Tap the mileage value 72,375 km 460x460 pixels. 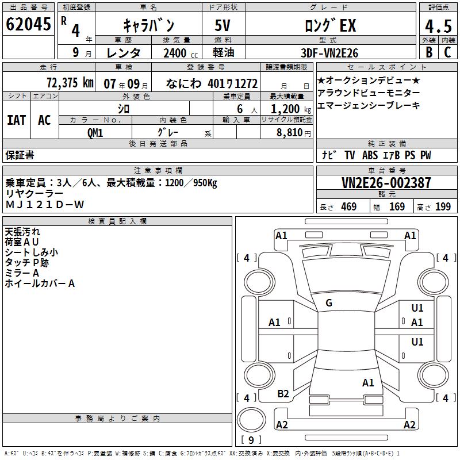pos(69,83)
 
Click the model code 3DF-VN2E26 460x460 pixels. pos(329,53)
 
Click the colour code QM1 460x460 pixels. pos(95,132)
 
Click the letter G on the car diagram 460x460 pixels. pos(329,303)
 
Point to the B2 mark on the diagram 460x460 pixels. pos(283,393)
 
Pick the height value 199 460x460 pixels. pos(443,207)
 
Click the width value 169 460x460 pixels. pos(397,207)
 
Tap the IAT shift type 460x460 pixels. pos(17,120)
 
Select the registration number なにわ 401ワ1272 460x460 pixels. pos(211,83)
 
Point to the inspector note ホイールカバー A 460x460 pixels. pos(40,283)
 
